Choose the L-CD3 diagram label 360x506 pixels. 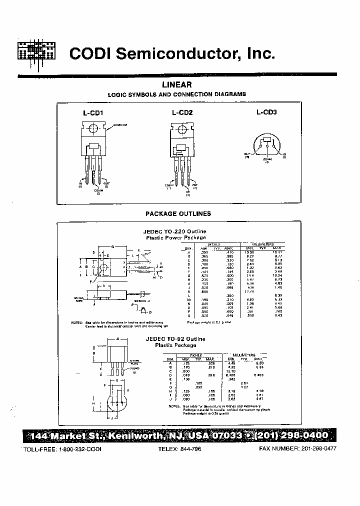[x=266, y=112]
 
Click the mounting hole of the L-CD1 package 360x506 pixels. [x=92, y=129]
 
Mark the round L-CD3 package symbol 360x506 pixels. [x=267, y=145]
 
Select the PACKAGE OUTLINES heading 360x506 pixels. [x=178, y=213]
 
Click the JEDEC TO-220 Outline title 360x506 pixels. [x=175, y=231]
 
